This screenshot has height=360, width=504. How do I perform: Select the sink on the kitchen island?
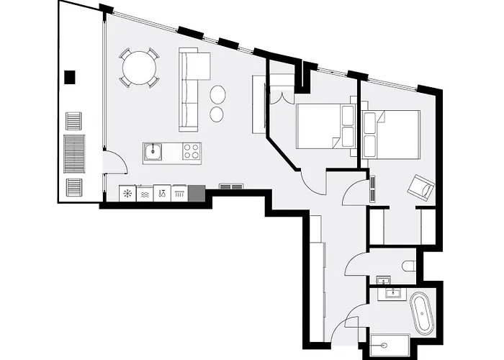pyautogui.click(x=153, y=151)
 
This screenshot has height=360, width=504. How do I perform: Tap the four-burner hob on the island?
pyautogui.click(x=192, y=151)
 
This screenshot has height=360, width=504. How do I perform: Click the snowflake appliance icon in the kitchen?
pyautogui.click(x=127, y=194)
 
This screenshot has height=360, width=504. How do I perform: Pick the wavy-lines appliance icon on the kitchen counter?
pyautogui.click(x=145, y=194)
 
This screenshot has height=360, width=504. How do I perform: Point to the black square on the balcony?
pyautogui.click(x=70, y=77)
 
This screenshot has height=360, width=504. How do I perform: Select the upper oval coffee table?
pyautogui.click(x=217, y=94)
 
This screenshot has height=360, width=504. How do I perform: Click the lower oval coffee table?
pyautogui.click(x=217, y=113)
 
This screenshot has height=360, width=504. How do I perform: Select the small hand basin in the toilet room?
pyautogui.click(x=384, y=280)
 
